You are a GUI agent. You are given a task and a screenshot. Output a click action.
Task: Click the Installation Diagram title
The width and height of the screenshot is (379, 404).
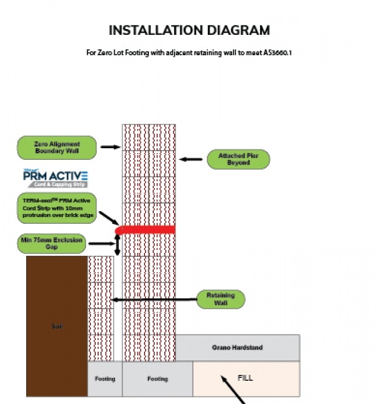[189, 30]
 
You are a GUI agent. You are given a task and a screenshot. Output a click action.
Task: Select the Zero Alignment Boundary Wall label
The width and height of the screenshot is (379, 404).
[56, 148]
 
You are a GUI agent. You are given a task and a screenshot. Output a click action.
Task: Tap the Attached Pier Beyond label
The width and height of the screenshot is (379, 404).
[238, 159]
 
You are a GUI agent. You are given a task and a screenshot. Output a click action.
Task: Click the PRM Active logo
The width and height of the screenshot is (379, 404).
[55, 177]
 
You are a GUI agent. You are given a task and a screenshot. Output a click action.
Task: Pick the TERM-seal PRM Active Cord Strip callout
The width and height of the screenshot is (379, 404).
[56, 208]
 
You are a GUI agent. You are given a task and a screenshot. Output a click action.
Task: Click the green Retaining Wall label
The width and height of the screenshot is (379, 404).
[221, 299]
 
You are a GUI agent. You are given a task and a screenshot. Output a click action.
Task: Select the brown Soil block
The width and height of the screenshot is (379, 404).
[56, 326]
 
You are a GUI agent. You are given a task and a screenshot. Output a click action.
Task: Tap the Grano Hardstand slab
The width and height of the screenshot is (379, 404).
[238, 348]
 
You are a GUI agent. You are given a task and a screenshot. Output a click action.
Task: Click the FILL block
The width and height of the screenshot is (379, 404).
[246, 378]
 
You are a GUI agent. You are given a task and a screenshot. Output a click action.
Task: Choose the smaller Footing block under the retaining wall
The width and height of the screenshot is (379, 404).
[105, 378]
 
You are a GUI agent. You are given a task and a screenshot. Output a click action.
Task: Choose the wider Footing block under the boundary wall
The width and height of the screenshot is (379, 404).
[157, 378]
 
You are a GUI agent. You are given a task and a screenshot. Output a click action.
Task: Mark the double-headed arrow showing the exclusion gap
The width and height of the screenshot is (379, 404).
[118, 245]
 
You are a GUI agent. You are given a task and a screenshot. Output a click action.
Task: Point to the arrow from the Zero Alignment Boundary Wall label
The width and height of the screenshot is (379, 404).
[110, 147]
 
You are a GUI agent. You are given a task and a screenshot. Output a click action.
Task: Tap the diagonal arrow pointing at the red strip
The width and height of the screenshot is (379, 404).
[109, 219]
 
